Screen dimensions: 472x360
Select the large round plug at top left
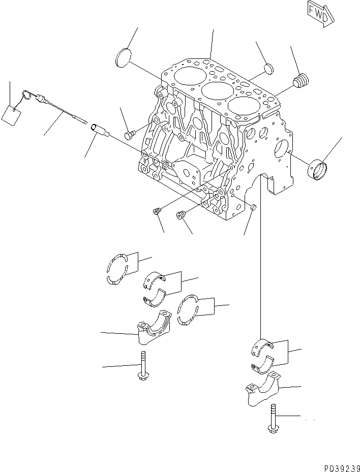pos(123,57)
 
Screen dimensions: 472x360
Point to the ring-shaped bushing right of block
pos(318,169)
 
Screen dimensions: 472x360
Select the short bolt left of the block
pos(130,135)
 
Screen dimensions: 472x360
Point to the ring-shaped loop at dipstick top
pos(26,94)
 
